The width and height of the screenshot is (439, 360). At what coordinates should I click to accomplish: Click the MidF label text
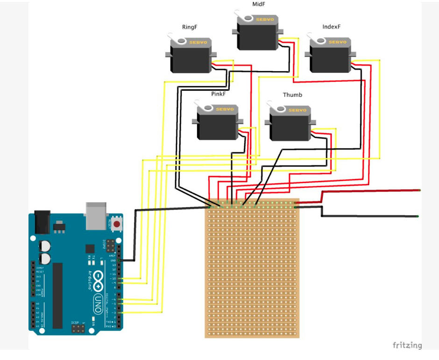point(258,4)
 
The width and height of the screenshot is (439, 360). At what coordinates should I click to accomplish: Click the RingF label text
point(190,27)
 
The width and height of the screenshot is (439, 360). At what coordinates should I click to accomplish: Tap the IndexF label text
point(332,27)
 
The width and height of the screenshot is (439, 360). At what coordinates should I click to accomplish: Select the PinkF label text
point(219,94)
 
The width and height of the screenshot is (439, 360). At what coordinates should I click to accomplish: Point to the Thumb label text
point(292,95)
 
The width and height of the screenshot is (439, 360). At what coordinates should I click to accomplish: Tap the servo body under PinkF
point(217,127)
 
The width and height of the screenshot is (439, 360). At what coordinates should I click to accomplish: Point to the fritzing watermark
point(407,346)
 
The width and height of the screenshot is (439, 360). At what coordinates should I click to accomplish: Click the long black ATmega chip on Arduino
point(57,295)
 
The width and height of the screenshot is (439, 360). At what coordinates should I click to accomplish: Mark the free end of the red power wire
point(419,190)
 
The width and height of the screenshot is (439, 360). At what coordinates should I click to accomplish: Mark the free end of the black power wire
point(417,216)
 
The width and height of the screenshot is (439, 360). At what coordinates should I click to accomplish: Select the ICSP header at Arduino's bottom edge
point(77,329)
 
